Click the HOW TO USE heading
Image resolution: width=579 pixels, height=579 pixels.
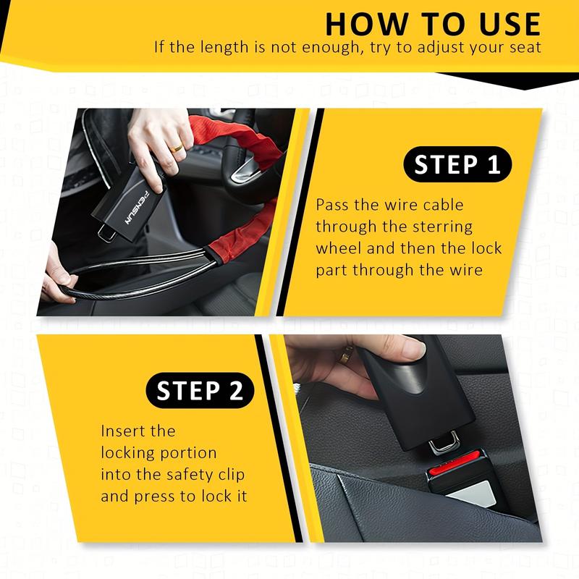click(433, 23)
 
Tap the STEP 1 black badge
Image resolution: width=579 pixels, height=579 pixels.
click(457, 165)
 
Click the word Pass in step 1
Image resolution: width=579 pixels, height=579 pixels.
click(333, 205)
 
